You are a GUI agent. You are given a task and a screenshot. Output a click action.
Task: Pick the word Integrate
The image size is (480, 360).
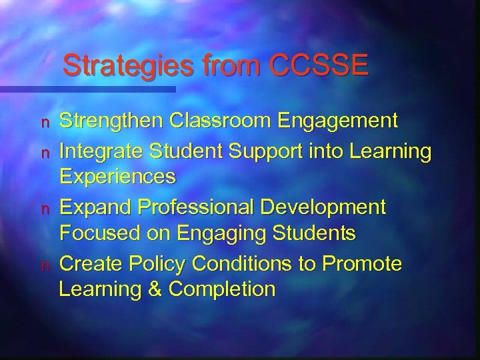coord(100,151)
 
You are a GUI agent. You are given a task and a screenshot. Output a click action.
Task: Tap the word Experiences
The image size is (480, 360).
coord(118,177)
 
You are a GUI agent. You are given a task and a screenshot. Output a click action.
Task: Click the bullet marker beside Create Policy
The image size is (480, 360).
coord(47,265)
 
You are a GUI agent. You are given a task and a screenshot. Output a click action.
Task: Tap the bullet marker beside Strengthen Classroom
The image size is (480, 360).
coord(47,122)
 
